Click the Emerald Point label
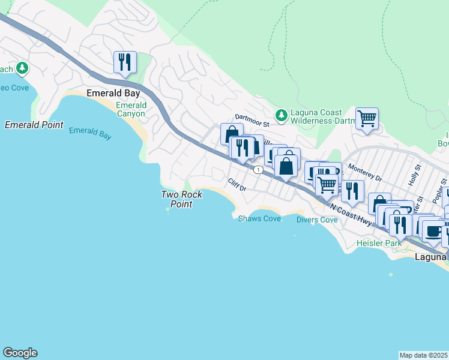pyautogui.click(x=34, y=125)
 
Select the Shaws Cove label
pyautogui.click(x=259, y=218)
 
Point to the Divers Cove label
pyautogui.click(x=317, y=220)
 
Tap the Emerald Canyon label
pyautogui.click(x=130, y=109)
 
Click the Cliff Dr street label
pyautogui.click(x=237, y=184)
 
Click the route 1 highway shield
pyautogui.click(x=258, y=170)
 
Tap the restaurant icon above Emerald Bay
pyautogui.click(x=125, y=62)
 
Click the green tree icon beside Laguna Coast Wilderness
pyautogui.click(x=280, y=114)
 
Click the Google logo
pyautogui.click(x=20, y=353)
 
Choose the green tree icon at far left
pyautogui.click(x=22, y=68)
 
